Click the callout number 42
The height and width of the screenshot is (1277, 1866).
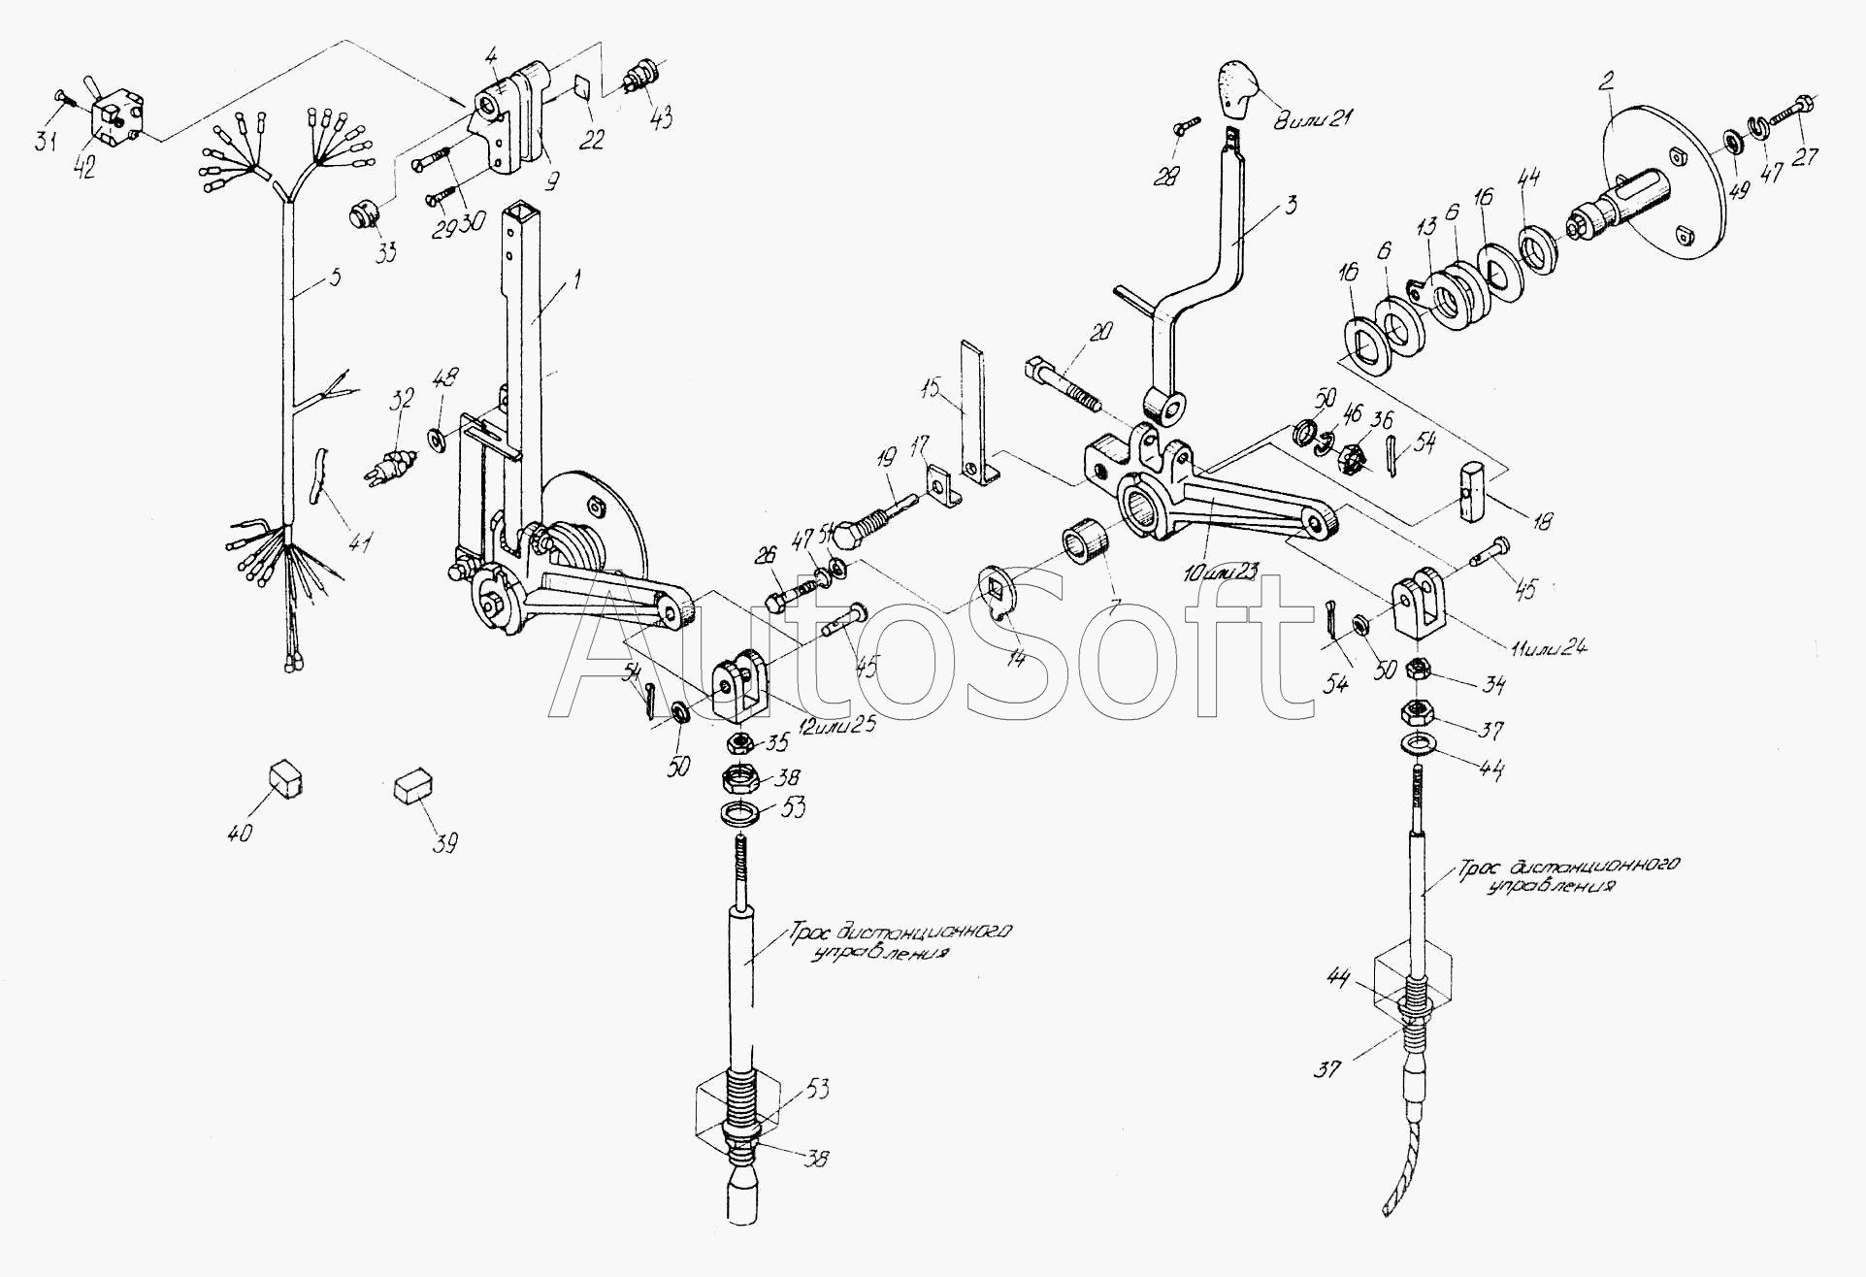[84, 166]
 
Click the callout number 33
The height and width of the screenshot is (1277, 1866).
[385, 255]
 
